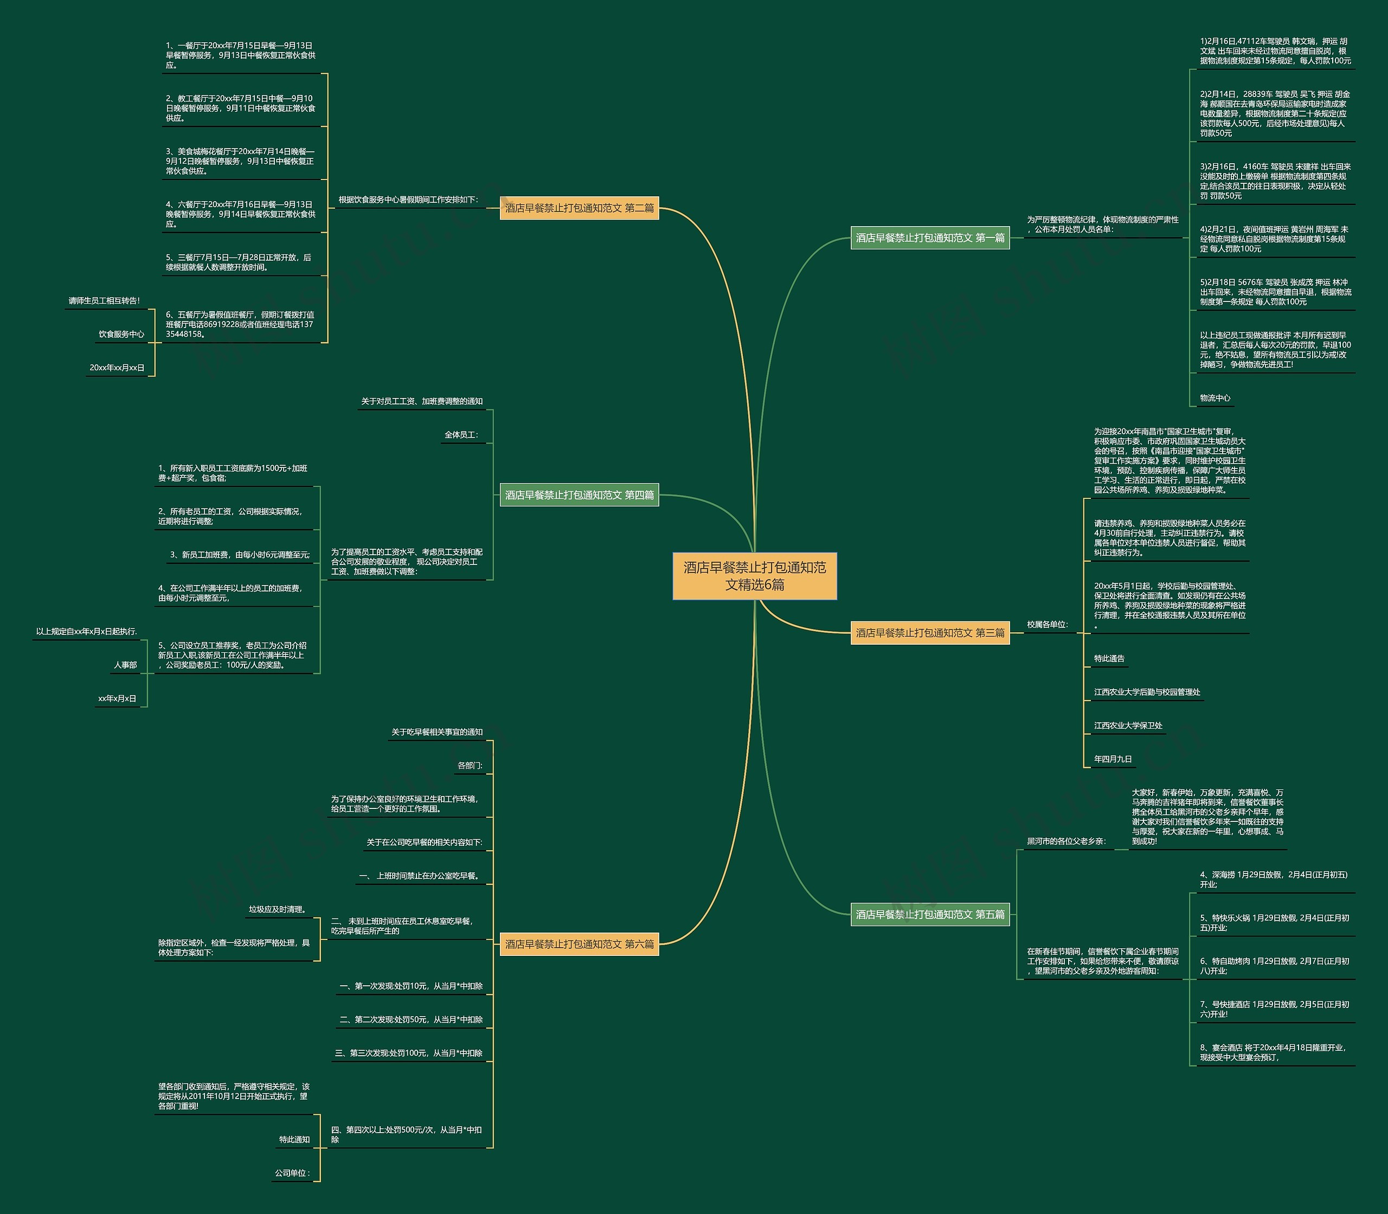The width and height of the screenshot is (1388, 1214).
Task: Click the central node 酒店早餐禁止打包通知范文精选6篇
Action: [755, 576]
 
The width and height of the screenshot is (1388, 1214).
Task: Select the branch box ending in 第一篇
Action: [930, 238]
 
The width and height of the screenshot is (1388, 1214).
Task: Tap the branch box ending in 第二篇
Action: [579, 208]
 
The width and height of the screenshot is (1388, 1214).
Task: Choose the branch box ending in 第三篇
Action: [930, 633]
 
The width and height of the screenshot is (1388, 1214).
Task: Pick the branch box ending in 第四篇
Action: [579, 495]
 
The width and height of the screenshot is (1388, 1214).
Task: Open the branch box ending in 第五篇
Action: [930, 915]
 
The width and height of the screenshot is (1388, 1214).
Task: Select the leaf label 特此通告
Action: [1109, 658]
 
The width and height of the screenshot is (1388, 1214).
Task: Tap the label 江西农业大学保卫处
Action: [1128, 725]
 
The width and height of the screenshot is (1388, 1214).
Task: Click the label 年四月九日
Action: [1112, 760]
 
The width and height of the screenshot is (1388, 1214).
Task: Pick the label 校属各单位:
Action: [1046, 625]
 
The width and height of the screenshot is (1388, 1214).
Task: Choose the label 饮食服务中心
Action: [121, 334]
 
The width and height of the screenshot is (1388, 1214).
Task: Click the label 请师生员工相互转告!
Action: [104, 301]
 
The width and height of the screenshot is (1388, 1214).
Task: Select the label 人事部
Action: [125, 665]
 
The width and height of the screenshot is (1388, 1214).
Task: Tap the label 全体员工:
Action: [461, 435]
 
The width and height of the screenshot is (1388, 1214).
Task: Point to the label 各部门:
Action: [470, 766]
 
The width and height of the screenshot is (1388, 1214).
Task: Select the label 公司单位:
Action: [292, 1173]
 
